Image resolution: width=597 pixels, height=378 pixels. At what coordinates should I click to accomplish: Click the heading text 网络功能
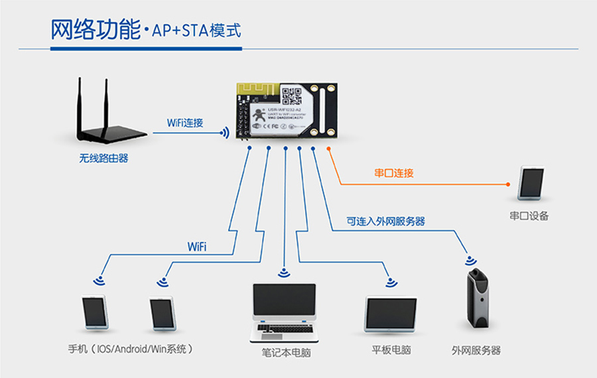point(95,30)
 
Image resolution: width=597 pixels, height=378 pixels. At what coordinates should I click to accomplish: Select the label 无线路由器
point(103,158)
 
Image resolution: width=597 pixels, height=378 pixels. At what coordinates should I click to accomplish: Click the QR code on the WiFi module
point(292,96)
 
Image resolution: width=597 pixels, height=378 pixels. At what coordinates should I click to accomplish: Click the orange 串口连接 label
point(394,174)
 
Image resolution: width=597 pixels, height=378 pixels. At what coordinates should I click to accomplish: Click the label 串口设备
point(529,216)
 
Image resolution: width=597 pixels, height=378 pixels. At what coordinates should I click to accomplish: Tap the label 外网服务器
point(476,350)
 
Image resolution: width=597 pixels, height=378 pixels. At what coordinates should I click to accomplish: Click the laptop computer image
point(284,312)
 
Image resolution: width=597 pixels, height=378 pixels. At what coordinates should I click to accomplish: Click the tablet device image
point(391,314)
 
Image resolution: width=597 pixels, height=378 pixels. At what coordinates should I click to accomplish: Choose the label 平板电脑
point(391,349)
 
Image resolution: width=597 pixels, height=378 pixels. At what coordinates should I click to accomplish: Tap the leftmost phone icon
point(95,312)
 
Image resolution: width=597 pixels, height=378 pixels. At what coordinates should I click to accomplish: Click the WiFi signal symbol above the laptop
point(285,272)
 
